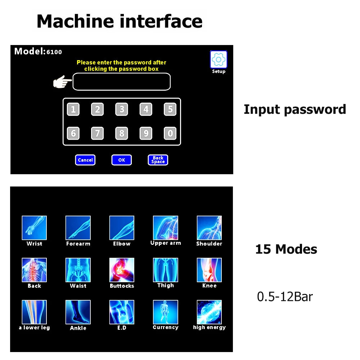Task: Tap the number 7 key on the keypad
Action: coord(97,134)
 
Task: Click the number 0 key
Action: coord(170,134)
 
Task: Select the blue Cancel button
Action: coord(85,160)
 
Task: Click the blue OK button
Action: coord(122,160)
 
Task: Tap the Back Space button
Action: coord(158,160)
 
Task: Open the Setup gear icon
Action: coord(219,59)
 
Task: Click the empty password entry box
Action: coord(122,82)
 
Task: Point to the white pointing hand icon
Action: coord(62,82)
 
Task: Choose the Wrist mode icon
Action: coord(34,228)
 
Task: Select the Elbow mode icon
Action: coord(122,228)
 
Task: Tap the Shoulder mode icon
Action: coord(209,228)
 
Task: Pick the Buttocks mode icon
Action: coord(122,270)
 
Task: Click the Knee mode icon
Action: coord(209,270)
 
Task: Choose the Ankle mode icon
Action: coord(78,312)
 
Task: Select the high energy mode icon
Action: coord(209,312)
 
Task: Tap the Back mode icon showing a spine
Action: coord(34,270)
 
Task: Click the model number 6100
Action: coord(54,52)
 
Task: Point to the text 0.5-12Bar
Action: coord(285,297)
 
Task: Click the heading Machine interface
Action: coord(120,21)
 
